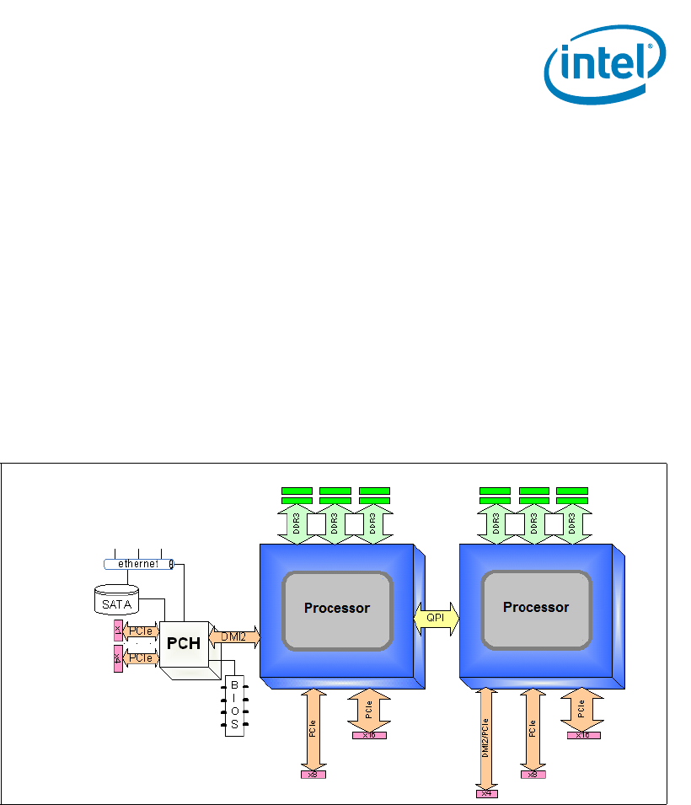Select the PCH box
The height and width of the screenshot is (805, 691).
[184, 642]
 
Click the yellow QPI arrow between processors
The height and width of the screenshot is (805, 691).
[436, 618]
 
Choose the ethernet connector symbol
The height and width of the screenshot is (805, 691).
[137, 563]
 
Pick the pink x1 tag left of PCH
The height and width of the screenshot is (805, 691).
[118, 630]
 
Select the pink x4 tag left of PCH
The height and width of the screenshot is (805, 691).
[118, 657]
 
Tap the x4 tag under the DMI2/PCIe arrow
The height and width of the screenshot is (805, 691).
[485, 792]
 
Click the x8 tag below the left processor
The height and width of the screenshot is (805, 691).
[313, 774]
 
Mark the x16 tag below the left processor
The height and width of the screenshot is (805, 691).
[369, 735]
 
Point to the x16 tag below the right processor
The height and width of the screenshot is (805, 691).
[582, 735]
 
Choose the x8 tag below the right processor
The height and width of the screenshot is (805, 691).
[532, 774]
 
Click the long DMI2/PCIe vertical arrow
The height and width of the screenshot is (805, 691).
[485, 738]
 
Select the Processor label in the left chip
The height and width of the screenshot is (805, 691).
[337, 608]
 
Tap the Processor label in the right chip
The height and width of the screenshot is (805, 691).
[536, 607]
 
